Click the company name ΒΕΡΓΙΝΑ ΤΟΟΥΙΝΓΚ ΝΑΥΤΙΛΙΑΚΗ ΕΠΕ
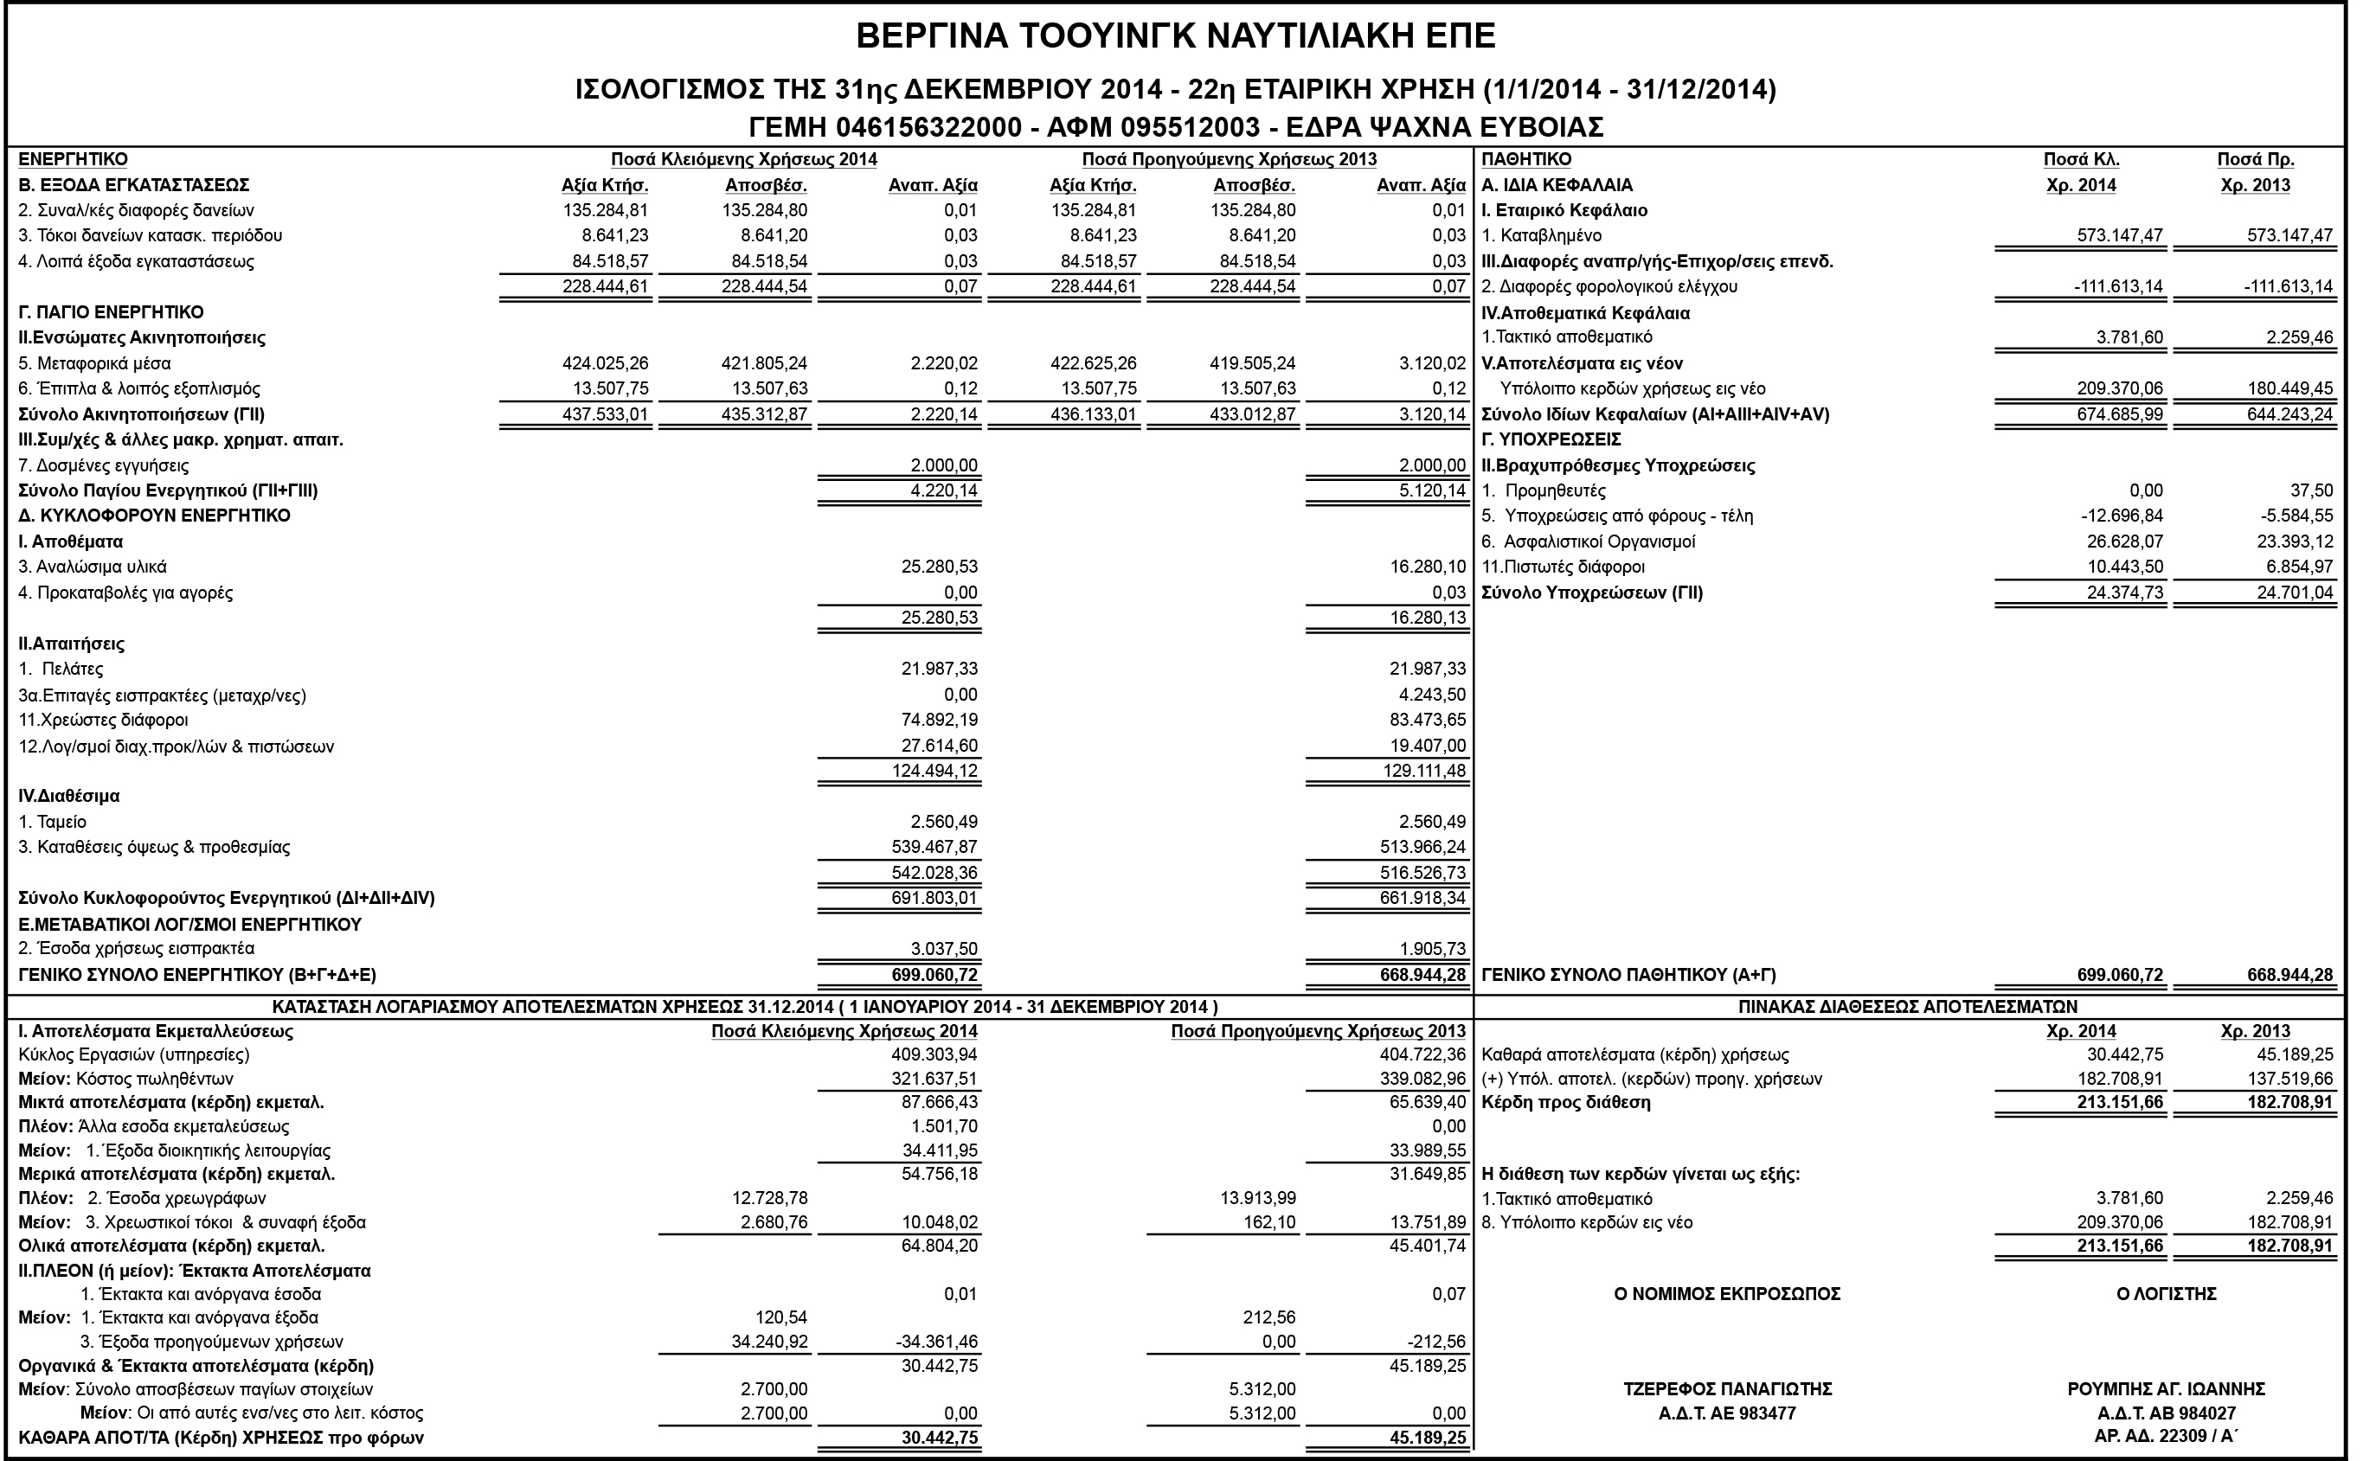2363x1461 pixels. pos(1175,36)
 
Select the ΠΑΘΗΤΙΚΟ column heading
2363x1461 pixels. pos(1526,159)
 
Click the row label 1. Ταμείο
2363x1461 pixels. pos(53,823)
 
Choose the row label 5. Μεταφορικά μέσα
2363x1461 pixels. pos(94,364)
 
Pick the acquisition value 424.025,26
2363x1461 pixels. pos(605,364)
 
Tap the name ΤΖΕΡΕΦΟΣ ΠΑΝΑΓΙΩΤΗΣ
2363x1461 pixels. pos(1727,1389)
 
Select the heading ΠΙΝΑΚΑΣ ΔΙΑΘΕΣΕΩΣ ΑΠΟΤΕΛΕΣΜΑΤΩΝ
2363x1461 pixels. pos(1908,1007)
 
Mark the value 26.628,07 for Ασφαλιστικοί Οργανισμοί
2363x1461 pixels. pos(2124,542)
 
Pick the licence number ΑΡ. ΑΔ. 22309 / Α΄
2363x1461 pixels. pos(2166,1436)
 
